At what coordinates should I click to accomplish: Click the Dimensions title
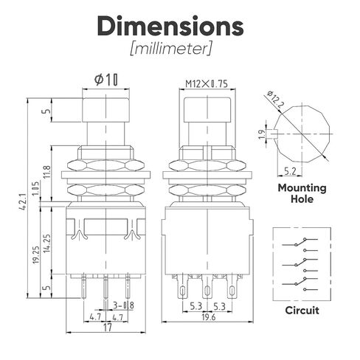(170, 26)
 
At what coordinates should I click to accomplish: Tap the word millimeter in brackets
(170, 49)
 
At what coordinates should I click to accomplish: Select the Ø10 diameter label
(106, 80)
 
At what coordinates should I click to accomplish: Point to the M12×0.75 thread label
(207, 84)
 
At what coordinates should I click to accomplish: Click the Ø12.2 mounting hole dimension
(275, 100)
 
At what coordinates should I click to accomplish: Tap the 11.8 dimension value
(47, 172)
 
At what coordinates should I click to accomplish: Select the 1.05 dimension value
(36, 189)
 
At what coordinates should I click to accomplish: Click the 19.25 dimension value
(36, 255)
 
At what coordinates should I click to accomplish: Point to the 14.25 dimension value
(47, 243)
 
